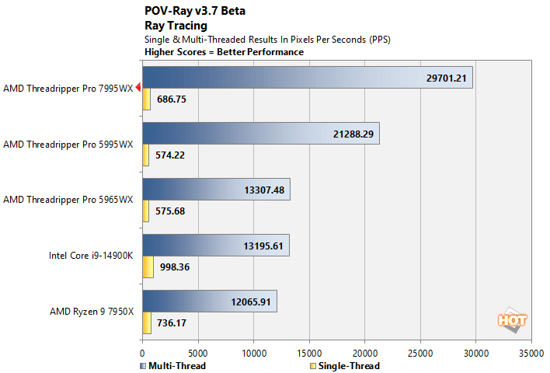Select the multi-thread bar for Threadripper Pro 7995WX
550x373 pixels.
point(307,78)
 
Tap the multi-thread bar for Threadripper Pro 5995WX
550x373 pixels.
point(260,134)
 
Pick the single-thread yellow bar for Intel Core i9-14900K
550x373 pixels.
point(148,267)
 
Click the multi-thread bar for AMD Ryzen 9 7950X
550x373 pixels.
point(209,302)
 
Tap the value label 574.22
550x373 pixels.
point(170,155)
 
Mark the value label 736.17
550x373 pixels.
point(170,322)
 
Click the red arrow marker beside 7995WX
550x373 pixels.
point(137,88)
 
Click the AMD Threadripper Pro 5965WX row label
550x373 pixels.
point(68,200)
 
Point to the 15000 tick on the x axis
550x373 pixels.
point(309,352)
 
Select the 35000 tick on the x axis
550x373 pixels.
point(531,352)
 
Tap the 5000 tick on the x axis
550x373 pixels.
point(198,352)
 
